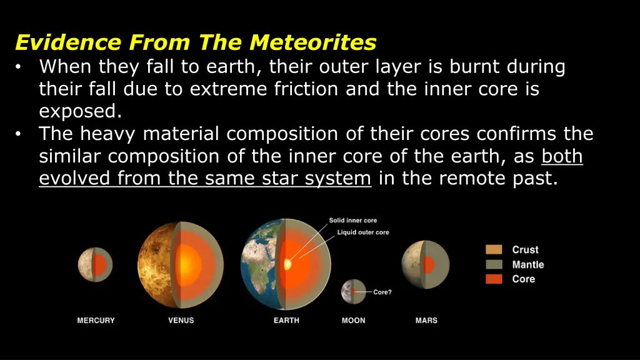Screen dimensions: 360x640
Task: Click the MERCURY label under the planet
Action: pos(96,321)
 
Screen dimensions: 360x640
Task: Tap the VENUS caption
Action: pos(181,321)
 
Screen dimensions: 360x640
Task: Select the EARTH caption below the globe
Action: pos(286,321)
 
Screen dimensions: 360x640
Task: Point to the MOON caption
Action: pos(353,321)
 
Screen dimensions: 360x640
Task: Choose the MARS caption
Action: pos(426,321)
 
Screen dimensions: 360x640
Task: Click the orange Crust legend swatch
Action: pos(494,250)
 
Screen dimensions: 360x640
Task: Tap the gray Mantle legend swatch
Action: pos(494,264)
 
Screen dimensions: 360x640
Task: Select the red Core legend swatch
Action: pos(494,279)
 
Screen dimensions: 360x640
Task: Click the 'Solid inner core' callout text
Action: pos(353,221)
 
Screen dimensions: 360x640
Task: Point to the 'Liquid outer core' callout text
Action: pos(363,232)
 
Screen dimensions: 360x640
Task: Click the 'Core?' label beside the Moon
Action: pos(382,292)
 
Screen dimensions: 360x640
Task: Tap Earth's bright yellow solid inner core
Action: pos(288,264)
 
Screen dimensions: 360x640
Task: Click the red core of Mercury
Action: pos(99,265)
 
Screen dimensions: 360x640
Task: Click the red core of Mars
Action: pos(429,264)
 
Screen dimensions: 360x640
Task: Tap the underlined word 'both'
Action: pos(562,156)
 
